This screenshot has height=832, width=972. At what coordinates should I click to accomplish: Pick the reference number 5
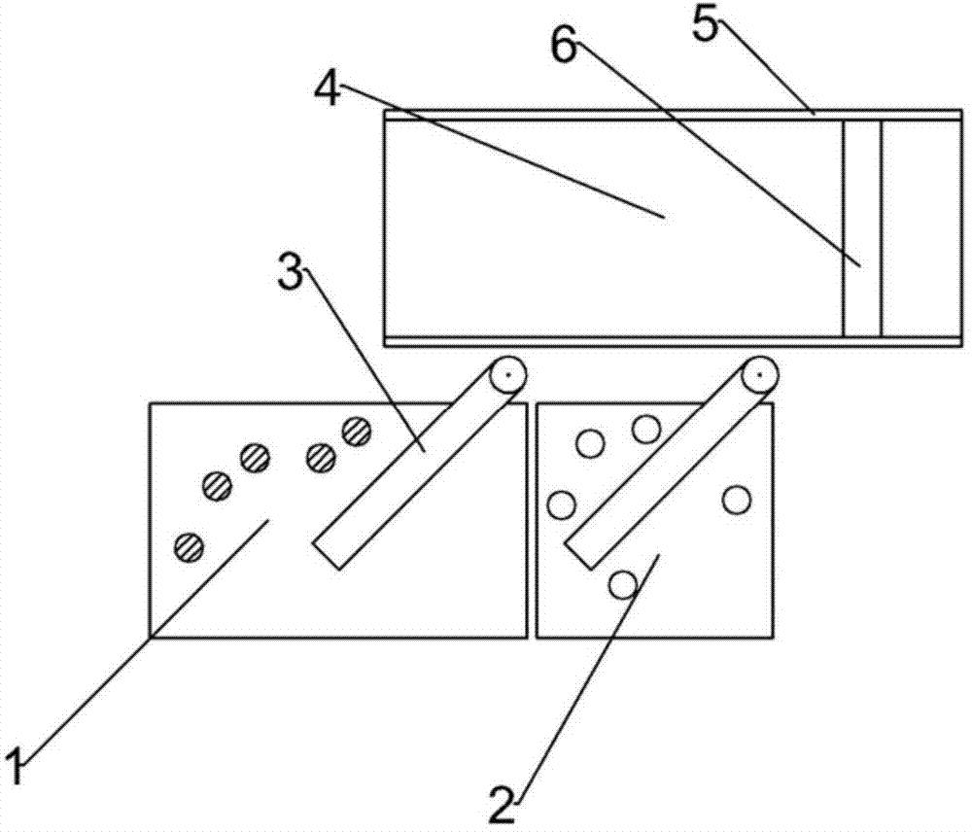[x=707, y=24]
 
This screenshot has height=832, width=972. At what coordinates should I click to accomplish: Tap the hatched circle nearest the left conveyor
[x=357, y=429]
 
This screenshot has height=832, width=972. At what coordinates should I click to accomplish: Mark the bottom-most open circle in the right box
[x=622, y=583]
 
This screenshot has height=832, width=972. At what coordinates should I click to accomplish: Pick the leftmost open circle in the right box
[x=561, y=504]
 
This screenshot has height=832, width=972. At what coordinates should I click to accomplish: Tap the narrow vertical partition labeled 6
[x=861, y=228]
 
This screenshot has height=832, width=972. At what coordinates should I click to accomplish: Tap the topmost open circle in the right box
[x=646, y=428]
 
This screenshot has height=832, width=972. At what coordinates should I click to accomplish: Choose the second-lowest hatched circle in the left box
[x=217, y=483]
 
